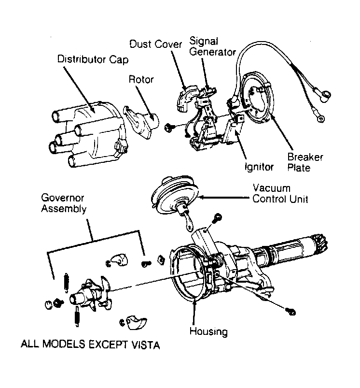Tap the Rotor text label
(x=140, y=79)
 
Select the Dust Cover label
(x=155, y=44)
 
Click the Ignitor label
(x=259, y=167)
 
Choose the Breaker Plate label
(x=305, y=163)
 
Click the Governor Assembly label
(x=64, y=203)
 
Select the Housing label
(x=208, y=331)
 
